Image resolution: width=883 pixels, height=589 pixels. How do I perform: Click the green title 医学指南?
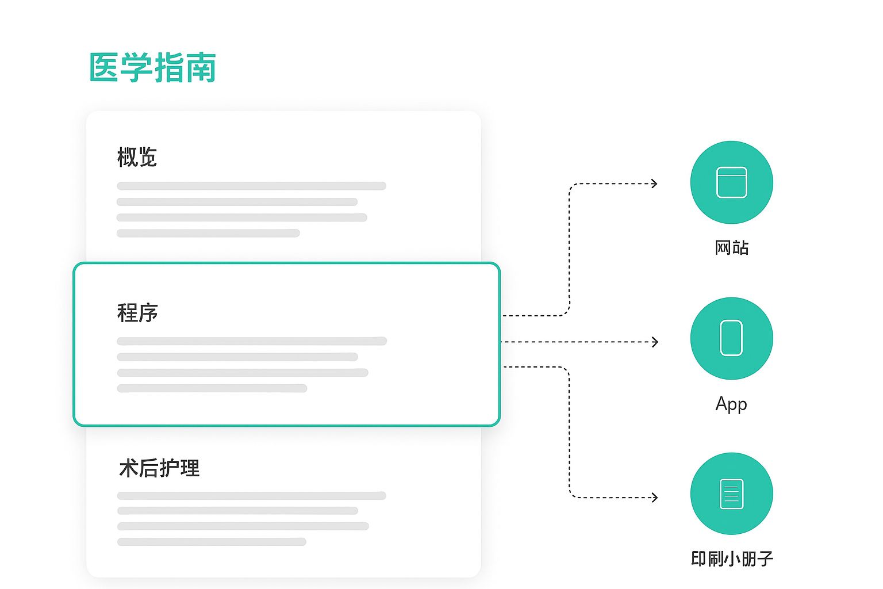coord(152,67)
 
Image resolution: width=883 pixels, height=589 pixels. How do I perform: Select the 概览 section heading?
coord(137,157)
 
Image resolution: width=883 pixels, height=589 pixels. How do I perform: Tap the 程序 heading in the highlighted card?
coord(137,313)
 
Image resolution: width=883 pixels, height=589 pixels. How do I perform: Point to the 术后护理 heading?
coord(159,468)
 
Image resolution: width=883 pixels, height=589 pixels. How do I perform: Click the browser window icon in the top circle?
coord(731,182)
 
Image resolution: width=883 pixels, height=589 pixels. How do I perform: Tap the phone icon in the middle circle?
coord(731,338)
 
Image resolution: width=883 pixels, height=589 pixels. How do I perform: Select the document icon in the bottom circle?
coord(731,494)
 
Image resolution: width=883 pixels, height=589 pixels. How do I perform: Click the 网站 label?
coord(731,248)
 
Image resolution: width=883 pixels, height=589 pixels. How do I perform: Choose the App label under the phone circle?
coord(731,404)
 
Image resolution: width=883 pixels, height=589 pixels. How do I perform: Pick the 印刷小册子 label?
coord(731,559)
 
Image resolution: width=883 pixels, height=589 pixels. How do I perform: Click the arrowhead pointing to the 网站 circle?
coord(654,184)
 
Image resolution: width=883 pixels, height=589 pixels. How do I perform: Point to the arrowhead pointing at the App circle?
coord(655,342)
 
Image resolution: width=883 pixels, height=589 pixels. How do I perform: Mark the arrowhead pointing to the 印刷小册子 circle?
coord(654,498)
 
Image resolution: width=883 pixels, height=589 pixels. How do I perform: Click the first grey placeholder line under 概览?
coord(251,186)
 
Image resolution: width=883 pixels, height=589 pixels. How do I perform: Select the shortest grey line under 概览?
coord(208,233)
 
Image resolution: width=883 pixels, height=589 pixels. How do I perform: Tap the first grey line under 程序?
coord(251,341)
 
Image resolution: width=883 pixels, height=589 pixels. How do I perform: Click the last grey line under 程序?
coord(212,388)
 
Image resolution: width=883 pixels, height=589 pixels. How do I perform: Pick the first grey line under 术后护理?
coord(251,495)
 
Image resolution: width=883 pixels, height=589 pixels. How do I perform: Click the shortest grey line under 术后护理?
coord(212,542)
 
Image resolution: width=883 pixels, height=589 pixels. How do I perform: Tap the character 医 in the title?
coord(105,67)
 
